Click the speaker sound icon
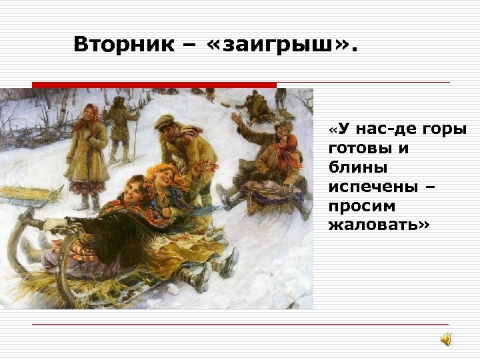(x=445, y=340)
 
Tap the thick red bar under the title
(x=153, y=85)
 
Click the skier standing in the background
(x=121, y=127)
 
